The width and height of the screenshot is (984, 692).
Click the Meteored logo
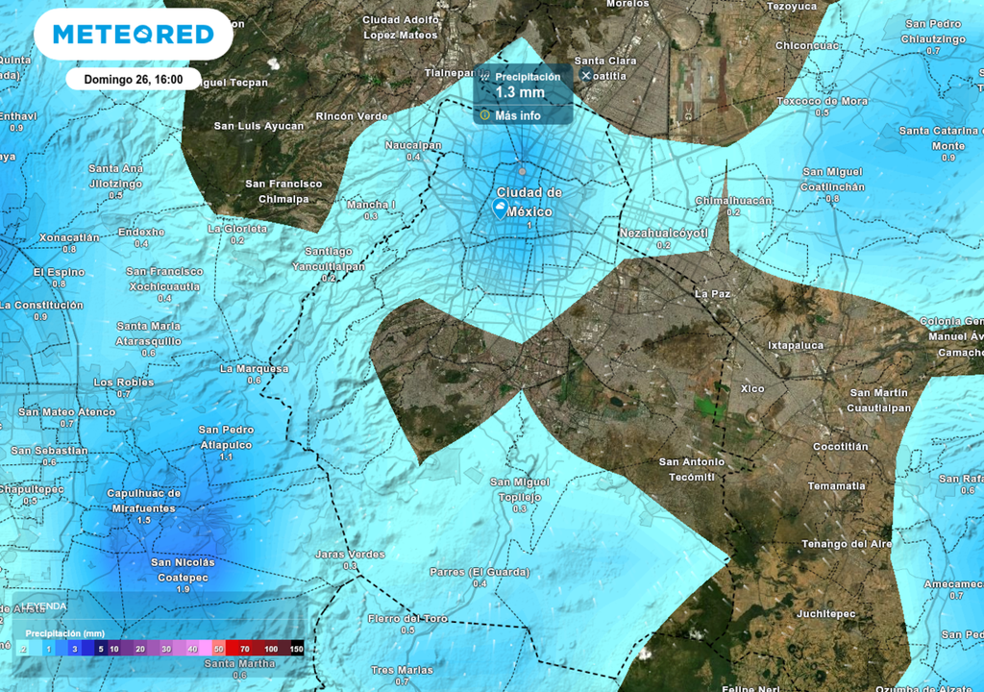click(x=133, y=35)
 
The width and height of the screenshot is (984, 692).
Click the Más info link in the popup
click(x=517, y=115)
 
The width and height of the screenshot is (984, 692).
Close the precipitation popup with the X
click(x=586, y=75)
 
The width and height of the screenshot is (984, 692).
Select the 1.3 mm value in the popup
click(x=520, y=93)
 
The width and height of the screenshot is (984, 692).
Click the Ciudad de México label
click(x=529, y=201)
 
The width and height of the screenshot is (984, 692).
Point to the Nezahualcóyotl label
click(x=664, y=233)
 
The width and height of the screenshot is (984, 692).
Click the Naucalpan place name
click(x=413, y=145)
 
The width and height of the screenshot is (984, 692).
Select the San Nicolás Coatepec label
click(x=183, y=569)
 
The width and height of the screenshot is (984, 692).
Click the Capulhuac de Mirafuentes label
click(x=142, y=500)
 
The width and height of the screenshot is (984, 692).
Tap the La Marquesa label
click(x=254, y=368)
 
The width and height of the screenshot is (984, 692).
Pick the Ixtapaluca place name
click(x=796, y=344)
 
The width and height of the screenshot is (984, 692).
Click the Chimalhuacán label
click(x=733, y=200)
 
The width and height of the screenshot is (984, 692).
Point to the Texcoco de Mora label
click(x=822, y=101)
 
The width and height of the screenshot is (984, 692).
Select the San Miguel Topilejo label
click(x=520, y=489)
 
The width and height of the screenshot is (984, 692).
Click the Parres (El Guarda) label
click(x=480, y=572)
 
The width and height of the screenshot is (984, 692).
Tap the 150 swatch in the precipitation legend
click(x=296, y=650)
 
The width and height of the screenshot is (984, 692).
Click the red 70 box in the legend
click(x=244, y=650)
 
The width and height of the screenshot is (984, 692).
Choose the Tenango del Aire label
click(x=847, y=544)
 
